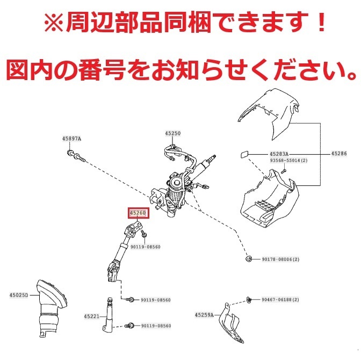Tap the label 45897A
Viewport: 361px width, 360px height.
tap(71, 139)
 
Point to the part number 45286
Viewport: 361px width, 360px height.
tap(340, 154)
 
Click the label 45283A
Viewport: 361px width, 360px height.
tap(278, 154)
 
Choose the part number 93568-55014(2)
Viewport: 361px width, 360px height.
tap(288, 161)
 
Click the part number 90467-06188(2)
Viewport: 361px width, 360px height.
tap(280, 299)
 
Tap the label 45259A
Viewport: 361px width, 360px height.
tap(204, 314)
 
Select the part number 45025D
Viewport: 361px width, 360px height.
tap(19, 295)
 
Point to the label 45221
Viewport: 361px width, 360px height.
tap(92, 316)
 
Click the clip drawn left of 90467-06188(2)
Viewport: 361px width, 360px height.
tap(249, 299)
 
